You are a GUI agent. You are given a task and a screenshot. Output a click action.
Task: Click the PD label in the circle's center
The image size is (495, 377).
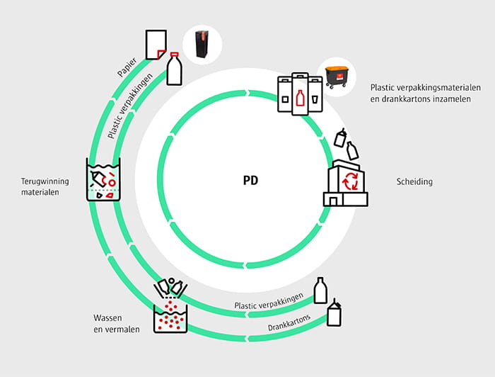click(250, 181)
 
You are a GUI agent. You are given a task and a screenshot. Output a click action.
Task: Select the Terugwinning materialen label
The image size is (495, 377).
click(45, 186)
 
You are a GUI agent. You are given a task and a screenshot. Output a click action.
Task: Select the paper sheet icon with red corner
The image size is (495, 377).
click(156, 45)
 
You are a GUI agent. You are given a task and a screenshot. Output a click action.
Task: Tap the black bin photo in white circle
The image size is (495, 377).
click(202, 45)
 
